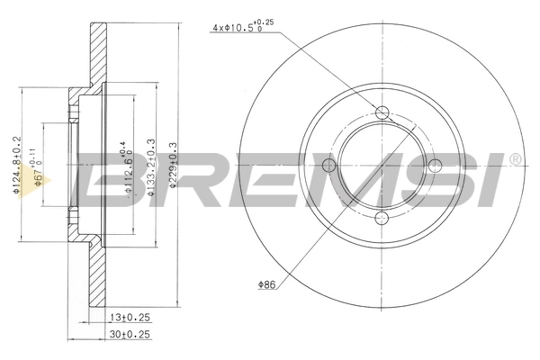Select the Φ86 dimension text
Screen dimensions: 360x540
tap(265, 285)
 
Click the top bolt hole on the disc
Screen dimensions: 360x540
tap(382, 112)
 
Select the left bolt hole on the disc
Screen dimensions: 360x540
tap(329, 165)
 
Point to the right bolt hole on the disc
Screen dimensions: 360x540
tap(434, 164)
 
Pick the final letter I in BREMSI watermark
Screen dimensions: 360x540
tap(493, 179)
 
